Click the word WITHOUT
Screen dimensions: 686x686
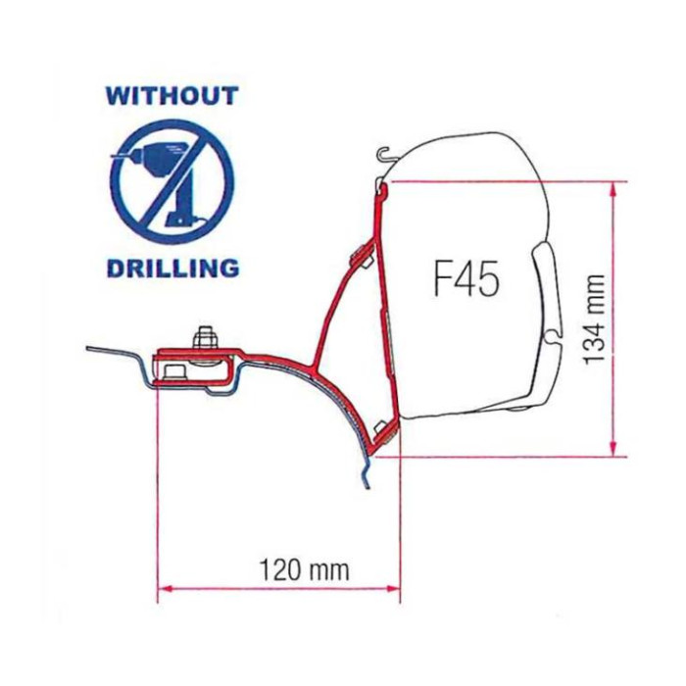pos(171,96)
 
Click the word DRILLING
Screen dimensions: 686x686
pos(173,268)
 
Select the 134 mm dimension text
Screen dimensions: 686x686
pos(594,319)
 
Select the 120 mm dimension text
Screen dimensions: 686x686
pos(305,570)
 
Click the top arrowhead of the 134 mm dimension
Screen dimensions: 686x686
pos(614,187)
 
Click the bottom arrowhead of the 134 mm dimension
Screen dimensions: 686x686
pos(614,450)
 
